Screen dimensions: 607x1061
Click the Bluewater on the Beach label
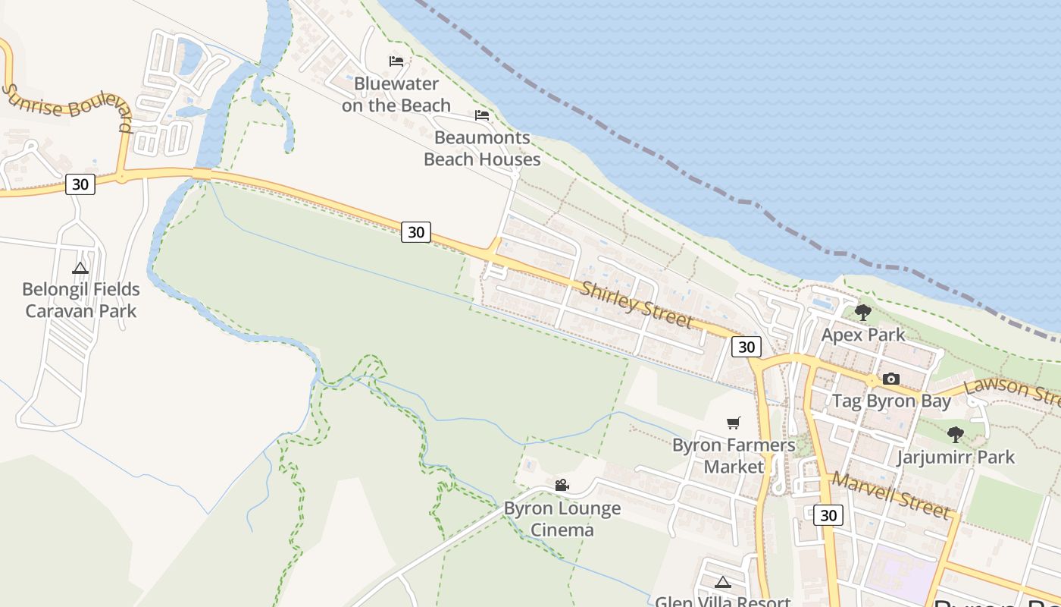[x=396, y=95]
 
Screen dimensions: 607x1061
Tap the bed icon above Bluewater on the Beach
[x=396, y=61]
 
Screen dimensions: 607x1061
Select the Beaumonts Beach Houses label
[x=482, y=149]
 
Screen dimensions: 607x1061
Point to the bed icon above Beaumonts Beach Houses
[x=482, y=115]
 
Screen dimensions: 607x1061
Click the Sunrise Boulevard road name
[x=67, y=107]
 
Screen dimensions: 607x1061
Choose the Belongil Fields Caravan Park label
[x=81, y=300]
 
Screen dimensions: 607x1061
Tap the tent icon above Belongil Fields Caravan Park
[x=80, y=268]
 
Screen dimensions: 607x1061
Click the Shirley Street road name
[x=637, y=305]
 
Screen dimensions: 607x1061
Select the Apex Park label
[x=863, y=335]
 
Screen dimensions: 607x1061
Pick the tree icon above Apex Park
[x=862, y=312]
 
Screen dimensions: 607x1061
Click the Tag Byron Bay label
[x=891, y=401]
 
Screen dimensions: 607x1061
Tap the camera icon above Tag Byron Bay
[x=891, y=379]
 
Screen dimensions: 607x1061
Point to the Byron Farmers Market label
[x=734, y=456]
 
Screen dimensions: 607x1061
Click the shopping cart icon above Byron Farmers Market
[x=733, y=423]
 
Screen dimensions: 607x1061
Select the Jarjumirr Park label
[x=956, y=458]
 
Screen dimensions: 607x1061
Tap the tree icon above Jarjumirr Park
[x=956, y=435]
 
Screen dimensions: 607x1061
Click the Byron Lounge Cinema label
[x=562, y=519]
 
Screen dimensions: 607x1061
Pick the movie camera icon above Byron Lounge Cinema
[x=562, y=486]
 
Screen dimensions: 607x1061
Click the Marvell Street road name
[x=890, y=495]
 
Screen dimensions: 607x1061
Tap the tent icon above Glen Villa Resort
[x=723, y=583]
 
